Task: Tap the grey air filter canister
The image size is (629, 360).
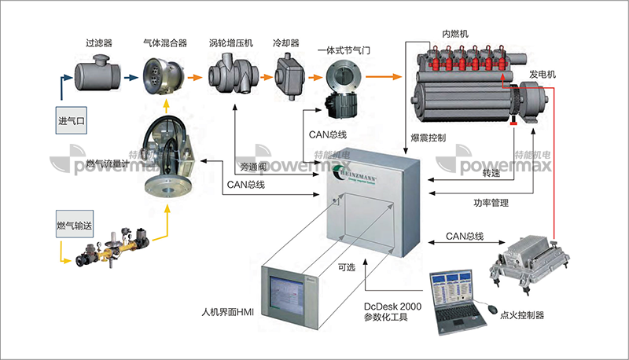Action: point(95,76)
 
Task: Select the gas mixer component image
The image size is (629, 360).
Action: point(163,77)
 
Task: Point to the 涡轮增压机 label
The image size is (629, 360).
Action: point(230,42)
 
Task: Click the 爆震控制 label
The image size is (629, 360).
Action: point(429,138)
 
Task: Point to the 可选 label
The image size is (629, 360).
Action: point(346,267)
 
